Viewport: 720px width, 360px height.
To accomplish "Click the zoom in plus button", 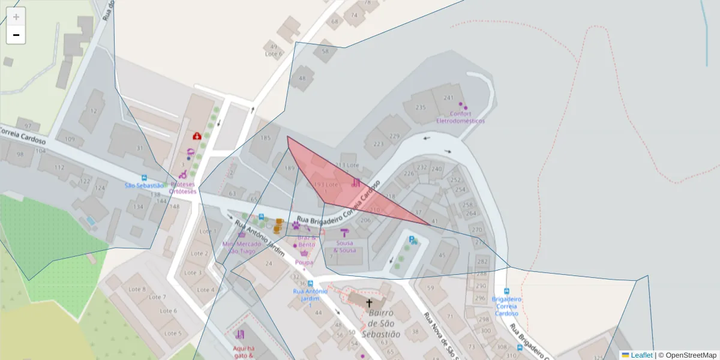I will (16, 17).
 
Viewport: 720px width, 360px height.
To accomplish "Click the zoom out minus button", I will (16, 35).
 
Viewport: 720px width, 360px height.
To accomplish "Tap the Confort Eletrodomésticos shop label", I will (460, 117).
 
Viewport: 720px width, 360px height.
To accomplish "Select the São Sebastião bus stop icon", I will (144, 178).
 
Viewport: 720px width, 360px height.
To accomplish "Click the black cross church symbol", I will (369, 303).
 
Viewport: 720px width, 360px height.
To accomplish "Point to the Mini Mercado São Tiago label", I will (242, 247).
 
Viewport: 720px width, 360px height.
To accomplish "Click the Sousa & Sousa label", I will (344, 247).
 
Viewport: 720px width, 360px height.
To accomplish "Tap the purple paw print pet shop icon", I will (296, 225).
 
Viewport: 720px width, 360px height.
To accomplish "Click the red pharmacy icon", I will (196, 136).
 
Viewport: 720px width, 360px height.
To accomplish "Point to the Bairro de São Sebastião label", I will (380, 323).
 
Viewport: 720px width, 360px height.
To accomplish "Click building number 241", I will (448, 98).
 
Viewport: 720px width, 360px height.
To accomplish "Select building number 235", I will (421, 107).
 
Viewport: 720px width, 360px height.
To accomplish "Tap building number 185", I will (265, 138).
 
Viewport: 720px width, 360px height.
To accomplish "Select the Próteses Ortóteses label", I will (184, 188).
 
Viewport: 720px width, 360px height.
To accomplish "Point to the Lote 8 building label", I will (137, 289).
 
